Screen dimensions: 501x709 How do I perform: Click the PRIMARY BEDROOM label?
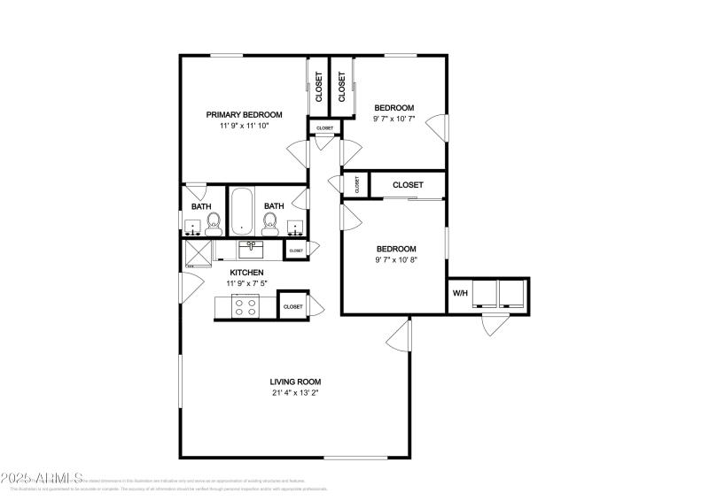pos(244,114)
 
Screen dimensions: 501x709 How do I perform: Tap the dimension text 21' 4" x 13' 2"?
pos(295,393)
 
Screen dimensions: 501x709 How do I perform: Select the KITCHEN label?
pos(246,272)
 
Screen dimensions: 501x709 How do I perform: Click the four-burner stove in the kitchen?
pos(245,306)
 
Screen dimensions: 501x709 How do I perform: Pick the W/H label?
pos(460,293)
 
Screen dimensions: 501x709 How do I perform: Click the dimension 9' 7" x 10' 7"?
pos(393,119)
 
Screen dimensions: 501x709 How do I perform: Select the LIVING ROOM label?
pos(295,382)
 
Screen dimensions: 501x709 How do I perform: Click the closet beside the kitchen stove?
pos(292,306)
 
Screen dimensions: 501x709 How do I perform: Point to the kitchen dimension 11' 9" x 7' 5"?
pos(246,283)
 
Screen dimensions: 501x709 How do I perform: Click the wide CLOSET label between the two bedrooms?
pos(407,185)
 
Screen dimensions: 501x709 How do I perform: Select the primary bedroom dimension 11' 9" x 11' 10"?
pos(244,126)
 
